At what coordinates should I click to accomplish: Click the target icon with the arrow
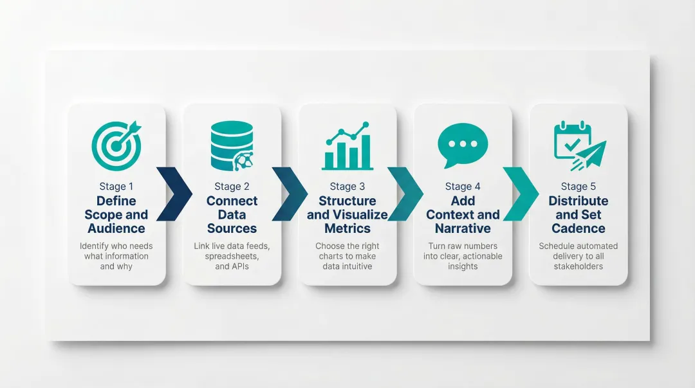point(116,145)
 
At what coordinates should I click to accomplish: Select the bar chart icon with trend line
point(347,146)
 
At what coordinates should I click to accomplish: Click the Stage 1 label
point(116,187)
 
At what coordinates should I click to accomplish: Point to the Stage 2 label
point(232,187)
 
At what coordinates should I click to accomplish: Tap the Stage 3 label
point(347,187)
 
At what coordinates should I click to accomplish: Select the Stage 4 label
point(463,187)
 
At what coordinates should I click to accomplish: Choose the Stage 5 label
point(579,187)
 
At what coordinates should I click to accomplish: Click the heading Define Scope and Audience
point(116,214)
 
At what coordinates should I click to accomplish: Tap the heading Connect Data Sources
point(232,214)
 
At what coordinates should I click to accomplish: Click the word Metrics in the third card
point(347,228)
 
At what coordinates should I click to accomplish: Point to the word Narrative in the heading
point(463,228)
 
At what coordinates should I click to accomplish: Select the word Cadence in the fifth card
point(579,228)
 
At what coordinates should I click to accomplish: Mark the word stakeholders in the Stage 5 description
point(579,266)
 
